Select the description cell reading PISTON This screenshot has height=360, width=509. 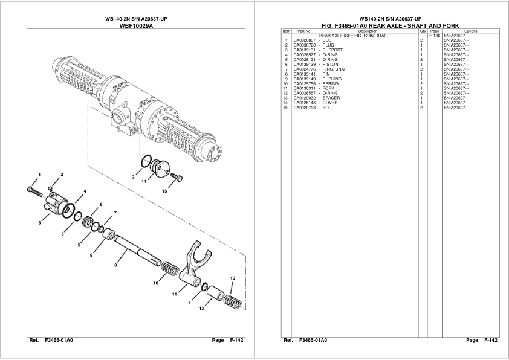coord(330,65)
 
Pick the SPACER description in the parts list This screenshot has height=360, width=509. coord(331,98)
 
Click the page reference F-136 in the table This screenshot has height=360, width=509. coord(434,36)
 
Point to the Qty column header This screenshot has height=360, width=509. coord(423,31)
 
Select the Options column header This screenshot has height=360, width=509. coord(471,31)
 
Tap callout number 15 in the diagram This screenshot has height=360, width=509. coord(164,191)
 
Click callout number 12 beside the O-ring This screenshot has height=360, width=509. coord(131,176)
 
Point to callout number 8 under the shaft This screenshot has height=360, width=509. coord(115,265)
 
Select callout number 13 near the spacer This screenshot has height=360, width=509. coord(201,308)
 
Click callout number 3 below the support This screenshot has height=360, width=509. coord(39,223)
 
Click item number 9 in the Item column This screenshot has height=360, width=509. coord(286,79)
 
